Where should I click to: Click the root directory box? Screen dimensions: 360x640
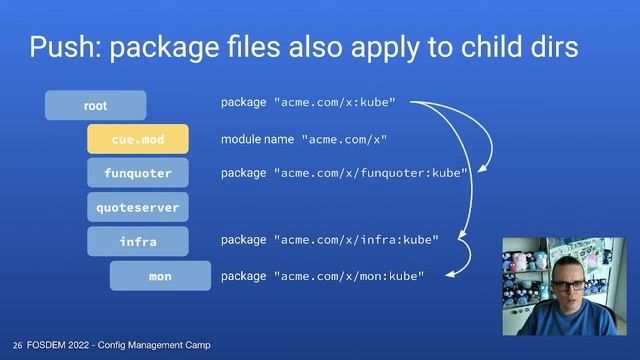pos(95,105)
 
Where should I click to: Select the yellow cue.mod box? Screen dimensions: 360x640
pos(138,139)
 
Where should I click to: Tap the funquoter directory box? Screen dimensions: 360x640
pos(138,173)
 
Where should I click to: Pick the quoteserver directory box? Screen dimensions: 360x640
pos(138,207)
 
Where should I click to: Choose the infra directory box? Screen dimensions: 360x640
pos(138,241)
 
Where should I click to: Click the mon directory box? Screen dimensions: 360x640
pos(160,275)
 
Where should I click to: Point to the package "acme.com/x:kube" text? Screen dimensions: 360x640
pos(308,102)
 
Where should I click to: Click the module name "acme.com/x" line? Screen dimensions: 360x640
pos(304,139)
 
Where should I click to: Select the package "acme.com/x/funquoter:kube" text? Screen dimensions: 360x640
pos(344,173)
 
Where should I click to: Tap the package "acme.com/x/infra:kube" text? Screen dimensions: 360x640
pos(330,240)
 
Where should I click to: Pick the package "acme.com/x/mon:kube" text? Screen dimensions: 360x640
pos(323,275)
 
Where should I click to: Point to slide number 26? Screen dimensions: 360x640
pos(17,345)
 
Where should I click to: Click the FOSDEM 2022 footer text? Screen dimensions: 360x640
pos(119,345)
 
